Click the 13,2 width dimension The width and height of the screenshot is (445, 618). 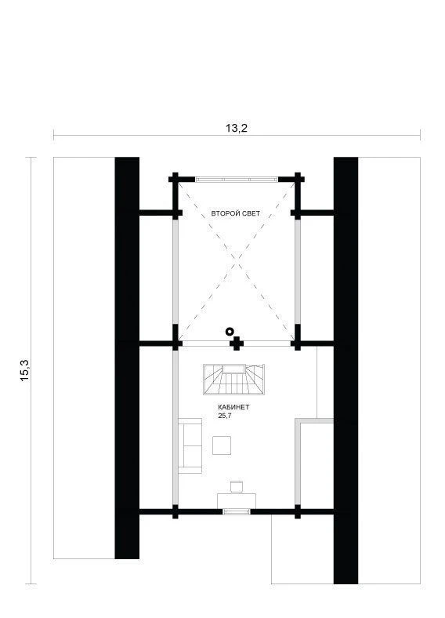coord(237,128)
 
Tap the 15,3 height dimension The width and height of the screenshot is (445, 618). coord(25,370)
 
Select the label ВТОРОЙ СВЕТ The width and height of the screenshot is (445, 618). coord(236,213)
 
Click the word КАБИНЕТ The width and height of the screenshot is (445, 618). coord(233,407)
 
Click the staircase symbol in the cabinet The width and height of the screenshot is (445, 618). coord(234,380)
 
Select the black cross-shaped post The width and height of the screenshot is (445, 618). coord(237,344)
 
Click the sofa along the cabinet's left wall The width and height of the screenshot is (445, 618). coord(190,445)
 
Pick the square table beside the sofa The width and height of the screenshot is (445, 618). coord(222,445)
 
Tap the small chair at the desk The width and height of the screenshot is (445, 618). coord(237,486)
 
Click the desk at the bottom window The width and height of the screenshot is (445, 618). coord(237,501)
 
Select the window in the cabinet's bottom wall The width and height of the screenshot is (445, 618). coord(237,511)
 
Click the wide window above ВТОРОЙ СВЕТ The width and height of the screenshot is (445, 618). coord(237,180)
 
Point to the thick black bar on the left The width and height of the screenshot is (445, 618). coord(127,358)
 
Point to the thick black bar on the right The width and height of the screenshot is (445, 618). coord(346,370)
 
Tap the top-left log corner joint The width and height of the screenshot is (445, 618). coord(175,180)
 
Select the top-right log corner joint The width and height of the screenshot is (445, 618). coord(298,180)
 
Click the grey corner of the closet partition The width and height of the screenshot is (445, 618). coord(298,422)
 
